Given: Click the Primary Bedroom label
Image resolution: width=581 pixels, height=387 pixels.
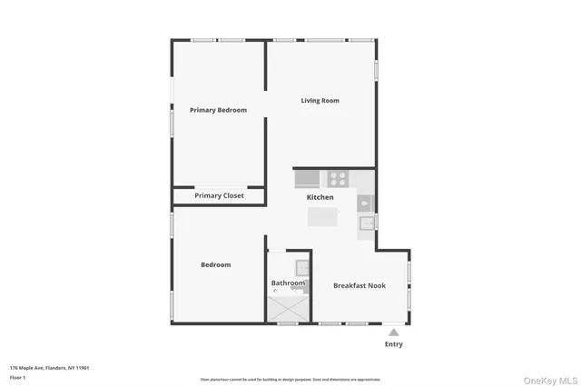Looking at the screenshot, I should pyautogui.click(x=218, y=110).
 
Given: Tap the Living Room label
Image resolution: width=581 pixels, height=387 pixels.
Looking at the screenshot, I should pyautogui.click(x=320, y=101).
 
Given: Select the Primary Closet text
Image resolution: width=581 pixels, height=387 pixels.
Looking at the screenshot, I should pyautogui.click(x=219, y=195).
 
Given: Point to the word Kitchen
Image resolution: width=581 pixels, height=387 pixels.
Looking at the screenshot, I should pyautogui.click(x=320, y=197).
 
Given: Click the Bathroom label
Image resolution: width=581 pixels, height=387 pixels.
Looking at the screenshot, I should pyautogui.click(x=288, y=283).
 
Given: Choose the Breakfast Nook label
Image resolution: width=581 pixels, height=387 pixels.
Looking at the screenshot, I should pyautogui.click(x=359, y=285).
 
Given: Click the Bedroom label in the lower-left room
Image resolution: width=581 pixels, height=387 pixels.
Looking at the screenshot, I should pyautogui.click(x=216, y=265).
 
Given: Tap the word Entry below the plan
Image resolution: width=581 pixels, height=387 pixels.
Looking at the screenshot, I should pyautogui.click(x=393, y=344).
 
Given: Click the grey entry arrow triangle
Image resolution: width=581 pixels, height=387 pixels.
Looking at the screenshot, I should pyautogui.click(x=393, y=332).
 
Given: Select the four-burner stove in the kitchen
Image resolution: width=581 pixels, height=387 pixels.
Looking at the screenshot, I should pyautogui.click(x=338, y=179).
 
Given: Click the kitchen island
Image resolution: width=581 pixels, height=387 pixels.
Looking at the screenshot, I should pyautogui.click(x=322, y=217).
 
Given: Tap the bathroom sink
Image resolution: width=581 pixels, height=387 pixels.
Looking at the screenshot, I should pyautogui.click(x=303, y=267).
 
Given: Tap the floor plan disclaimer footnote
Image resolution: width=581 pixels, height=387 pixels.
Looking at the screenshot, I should pyautogui.click(x=290, y=379).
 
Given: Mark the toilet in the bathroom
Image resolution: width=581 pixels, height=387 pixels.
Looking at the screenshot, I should pyautogui.click(x=275, y=290).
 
